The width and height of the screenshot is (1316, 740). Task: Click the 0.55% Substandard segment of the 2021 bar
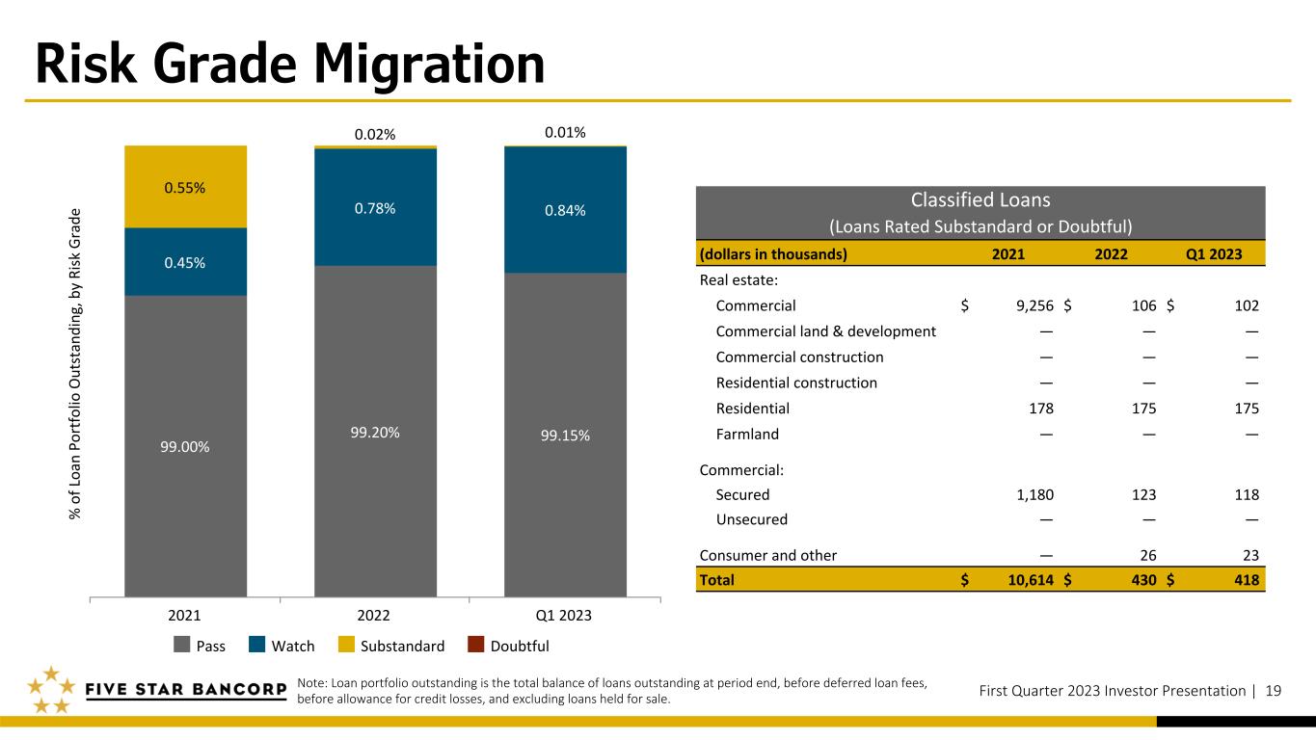[x=186, y=187]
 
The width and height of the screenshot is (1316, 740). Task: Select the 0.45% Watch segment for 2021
[x=186, y=262]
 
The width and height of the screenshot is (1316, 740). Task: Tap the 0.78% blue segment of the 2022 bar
[x=375, y=207]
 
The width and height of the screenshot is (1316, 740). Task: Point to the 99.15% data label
[x=565, y=436]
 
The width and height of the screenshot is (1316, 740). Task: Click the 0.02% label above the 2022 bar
[x=375, y=135]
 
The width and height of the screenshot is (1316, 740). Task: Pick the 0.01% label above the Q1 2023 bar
[x=565, y=132]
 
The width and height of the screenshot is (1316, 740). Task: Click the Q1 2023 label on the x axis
[x=563, y=615]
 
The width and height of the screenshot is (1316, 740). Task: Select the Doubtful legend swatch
[x=476, y=645]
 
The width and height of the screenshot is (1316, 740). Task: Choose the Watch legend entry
[x=282, y=645]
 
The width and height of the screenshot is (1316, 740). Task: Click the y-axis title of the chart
[x=74, y=364]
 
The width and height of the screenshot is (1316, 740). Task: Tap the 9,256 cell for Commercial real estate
[x=1034, y=305]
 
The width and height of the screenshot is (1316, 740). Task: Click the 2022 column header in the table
[x=1111, y=253]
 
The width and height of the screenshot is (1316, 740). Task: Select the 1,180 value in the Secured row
[x=1035, y=494]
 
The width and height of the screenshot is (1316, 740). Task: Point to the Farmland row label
[x=747, y=434]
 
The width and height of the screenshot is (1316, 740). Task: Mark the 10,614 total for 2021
[x=1031, y=580]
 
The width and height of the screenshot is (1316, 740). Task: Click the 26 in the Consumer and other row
[x=1148, y=555]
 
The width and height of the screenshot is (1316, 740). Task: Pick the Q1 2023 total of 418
[x=1247, y=580]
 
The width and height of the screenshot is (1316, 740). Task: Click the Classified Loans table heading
[x=980, y=199]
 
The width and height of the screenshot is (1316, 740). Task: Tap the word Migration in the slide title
[x=429, y=65]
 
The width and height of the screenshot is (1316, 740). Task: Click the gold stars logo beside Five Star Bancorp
[x=51, y=690]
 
